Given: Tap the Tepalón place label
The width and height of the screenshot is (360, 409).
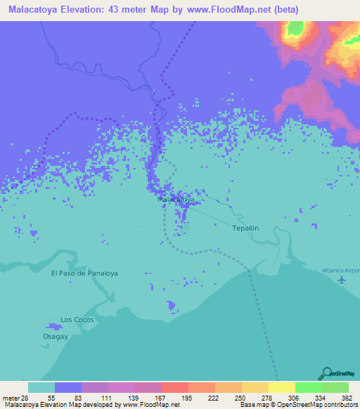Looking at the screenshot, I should click(x=246, y=228).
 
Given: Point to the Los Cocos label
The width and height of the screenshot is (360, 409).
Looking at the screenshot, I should click(x=77, y=320).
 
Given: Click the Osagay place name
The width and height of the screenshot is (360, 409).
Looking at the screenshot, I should click(x=56, y=336).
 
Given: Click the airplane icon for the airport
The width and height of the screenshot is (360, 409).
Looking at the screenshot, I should click(x=342, y=280).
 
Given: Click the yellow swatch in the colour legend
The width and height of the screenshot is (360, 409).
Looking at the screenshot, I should click(x=282, y=387).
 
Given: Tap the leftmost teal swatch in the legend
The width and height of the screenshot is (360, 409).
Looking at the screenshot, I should click(x=41, y=387).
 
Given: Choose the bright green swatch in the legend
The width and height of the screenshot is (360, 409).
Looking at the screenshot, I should click(x=309, y=387).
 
